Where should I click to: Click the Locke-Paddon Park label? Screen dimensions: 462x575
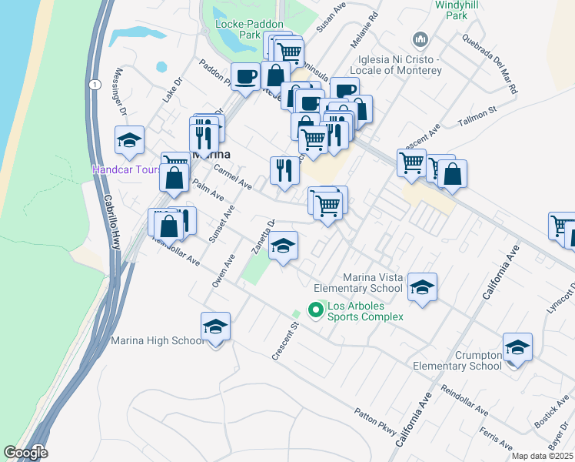(238, 29)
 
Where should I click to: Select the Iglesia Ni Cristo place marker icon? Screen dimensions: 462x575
(420, 38)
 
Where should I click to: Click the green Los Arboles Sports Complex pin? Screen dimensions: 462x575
(314, 310)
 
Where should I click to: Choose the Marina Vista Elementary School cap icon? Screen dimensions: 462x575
(421, 287)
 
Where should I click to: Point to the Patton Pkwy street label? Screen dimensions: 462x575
(374, 422)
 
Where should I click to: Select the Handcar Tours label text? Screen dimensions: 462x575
(126, 169)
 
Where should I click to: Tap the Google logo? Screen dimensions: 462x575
(25, 452)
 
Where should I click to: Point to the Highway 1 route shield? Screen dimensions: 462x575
(92, 84)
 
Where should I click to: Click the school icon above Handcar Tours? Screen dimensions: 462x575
(129, 140)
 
